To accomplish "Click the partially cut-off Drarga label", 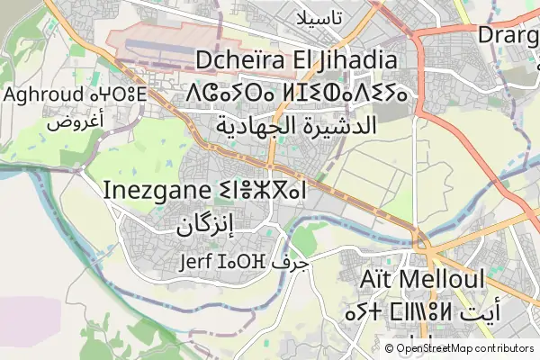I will click(x=508, y=35).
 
